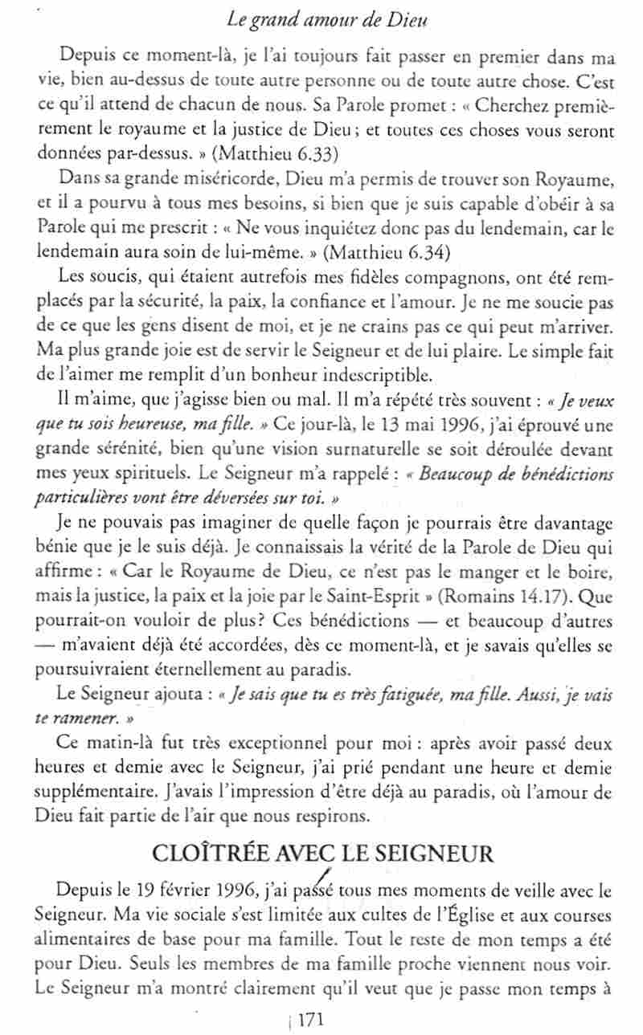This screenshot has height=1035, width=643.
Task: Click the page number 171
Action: (x=309, y=1021)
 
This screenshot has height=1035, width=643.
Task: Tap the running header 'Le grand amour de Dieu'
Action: (x=321, y=14)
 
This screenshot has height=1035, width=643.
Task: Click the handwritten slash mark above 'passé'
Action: (x=325, y=874)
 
